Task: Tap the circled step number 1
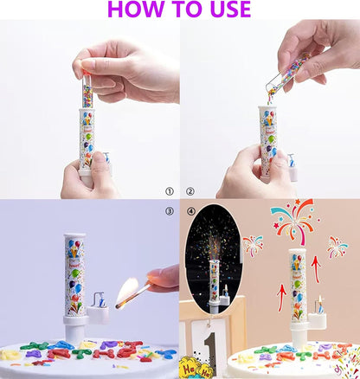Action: (170, 190)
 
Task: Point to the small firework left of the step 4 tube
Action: (253, 245)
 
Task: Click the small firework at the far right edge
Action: (337, 246)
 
